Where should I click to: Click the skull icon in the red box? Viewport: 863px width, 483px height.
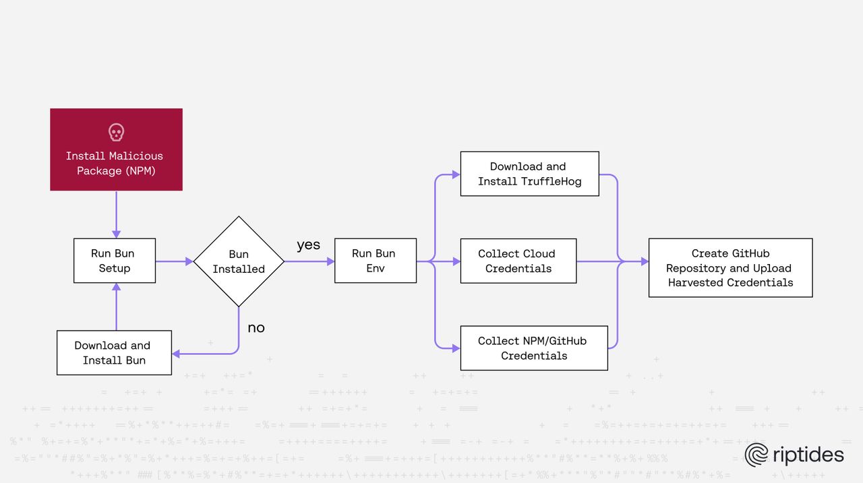tap(116, 132)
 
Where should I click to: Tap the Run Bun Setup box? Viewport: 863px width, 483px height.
tap(115, 261)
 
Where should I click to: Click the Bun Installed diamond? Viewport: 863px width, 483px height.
tap(239, 261)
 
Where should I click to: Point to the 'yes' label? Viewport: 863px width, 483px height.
tap(308, 245)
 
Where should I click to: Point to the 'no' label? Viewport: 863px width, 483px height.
tap(256, 328)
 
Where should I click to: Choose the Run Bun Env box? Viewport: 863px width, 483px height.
tap(375, 261)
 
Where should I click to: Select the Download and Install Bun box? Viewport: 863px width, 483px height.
tap(114, 352)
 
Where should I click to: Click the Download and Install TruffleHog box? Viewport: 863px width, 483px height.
tap(529, 174)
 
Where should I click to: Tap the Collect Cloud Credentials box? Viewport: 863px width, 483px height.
tap(518, 261)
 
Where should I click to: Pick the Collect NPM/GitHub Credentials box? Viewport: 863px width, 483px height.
tap(533, 348)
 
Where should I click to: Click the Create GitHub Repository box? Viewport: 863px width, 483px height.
tap(730, 267)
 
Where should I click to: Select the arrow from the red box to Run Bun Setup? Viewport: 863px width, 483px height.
tap(116, 214)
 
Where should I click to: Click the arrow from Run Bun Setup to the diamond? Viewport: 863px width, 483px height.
tap(174, 261)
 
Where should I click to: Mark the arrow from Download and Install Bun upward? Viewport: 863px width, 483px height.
tap(116, 307)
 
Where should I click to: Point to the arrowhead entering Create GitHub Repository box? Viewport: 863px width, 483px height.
tap(644, 261)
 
